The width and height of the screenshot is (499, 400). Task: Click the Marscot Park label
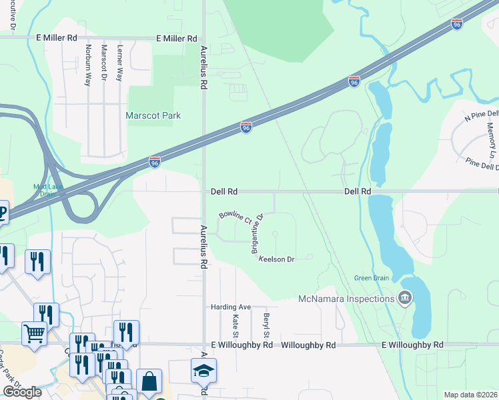point(153,115)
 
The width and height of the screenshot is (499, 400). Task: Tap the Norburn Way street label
point(87,65)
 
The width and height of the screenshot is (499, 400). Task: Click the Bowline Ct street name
point(235,217)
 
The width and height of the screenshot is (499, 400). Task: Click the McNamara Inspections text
point(346,298)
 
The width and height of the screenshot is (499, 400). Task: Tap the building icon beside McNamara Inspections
point(404,297)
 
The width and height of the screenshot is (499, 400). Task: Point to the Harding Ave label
point(230,307)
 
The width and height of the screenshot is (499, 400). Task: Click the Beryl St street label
point(266,325)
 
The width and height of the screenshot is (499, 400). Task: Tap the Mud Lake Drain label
point(49,190)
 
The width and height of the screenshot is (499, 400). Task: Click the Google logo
point(22,392)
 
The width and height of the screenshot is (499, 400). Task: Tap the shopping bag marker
point(149,383)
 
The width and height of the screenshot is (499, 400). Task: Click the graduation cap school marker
point(204,371)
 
